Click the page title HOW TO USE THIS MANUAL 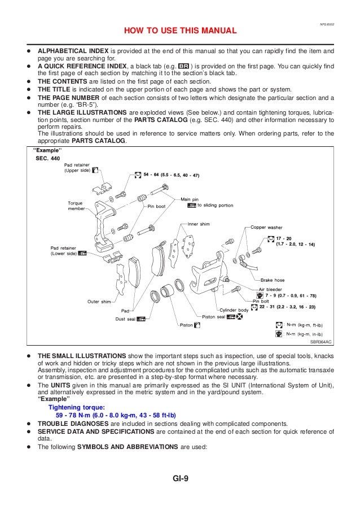(x=180, y=30)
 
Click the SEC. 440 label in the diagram (x=47, y=159)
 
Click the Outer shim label (x=99, y=302)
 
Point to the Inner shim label (x=197, y=224)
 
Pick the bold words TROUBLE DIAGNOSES (x=71, y=422)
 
